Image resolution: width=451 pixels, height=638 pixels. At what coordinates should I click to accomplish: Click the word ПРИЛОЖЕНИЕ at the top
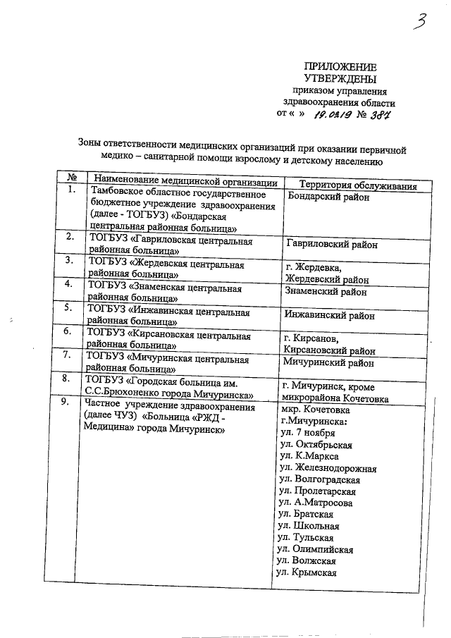click(x=340, y=65)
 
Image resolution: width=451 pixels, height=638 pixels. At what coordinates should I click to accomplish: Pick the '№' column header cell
click(x=71, y=176)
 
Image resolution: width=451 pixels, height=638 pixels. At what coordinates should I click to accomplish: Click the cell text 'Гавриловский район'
click(x=331, y=245)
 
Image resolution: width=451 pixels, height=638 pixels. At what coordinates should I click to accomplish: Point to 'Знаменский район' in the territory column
click(x=325, y=291)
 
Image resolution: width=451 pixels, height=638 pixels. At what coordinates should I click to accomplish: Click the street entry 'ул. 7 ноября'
click(x=307, y=433)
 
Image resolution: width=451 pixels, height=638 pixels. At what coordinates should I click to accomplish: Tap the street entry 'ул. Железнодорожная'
click(x=328, y=468)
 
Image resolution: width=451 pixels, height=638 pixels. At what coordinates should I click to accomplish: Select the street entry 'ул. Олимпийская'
click(x=316, y=549)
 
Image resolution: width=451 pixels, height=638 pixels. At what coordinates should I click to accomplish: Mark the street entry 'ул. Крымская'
click(x=307, y=572)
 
